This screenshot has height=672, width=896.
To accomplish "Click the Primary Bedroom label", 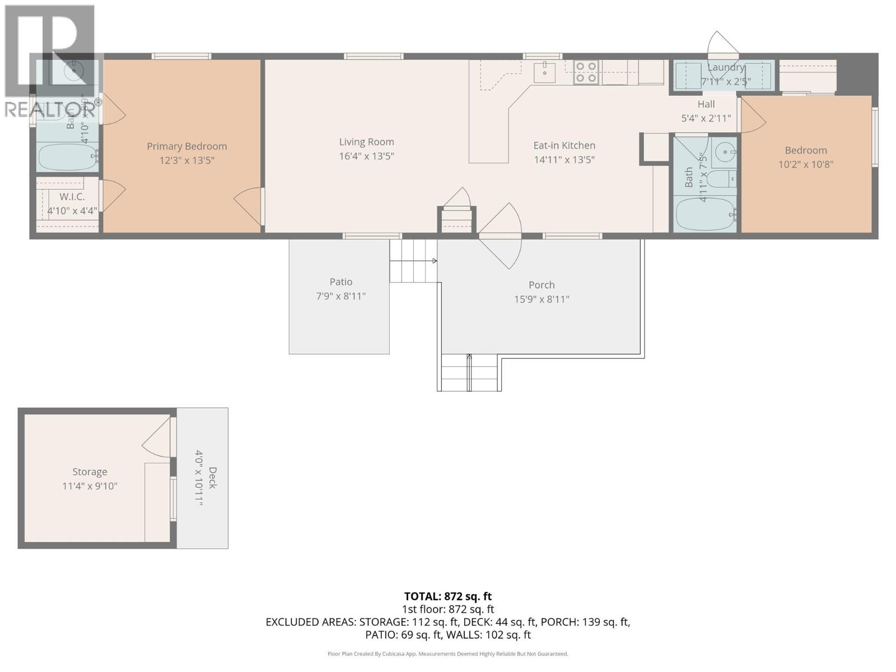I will click(x=186, y=146).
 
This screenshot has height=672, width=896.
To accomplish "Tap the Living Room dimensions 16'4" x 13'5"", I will click(x=366, y=156).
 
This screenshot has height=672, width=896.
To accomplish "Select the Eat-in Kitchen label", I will click(x=564, y=146).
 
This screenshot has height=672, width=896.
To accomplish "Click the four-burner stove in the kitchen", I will click(x=586, y=72).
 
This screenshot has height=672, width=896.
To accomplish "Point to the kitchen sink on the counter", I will click(x=544, y=72).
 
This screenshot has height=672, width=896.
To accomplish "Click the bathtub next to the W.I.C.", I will click(x=67, y=157).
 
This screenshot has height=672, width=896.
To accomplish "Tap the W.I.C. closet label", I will click(x=72, y=197).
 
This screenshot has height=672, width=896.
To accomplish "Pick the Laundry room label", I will click(x=726, y=68).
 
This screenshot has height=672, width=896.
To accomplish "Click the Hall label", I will click(x=706, y=104).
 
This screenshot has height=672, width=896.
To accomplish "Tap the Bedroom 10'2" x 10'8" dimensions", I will click(x=806, y=165).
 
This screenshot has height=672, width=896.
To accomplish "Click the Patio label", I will click(x=340, y=282).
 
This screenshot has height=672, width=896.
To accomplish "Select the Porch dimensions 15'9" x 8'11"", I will click(x=542, y=299).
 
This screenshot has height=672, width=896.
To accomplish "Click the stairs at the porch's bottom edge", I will click(x=469, y=372).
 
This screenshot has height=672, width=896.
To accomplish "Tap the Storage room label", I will click(x=90, y=472).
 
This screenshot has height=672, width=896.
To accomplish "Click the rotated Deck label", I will click(x=212, y=478).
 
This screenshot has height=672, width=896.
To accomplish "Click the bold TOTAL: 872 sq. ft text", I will click(x=447, y=596).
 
